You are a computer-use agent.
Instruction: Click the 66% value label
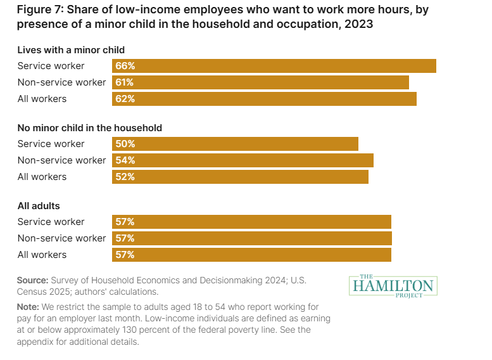[125, 66]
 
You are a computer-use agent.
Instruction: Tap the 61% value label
[125, 82]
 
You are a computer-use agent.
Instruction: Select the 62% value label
[125, 99]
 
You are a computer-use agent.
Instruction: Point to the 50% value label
[125, 144]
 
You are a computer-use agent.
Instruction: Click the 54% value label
[125, 160]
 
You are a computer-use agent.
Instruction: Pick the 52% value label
[125, 177]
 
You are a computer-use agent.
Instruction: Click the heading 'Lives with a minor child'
[71, 49]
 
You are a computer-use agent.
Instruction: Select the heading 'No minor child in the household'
[89, 127]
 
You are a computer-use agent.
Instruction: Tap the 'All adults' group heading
[39, 205]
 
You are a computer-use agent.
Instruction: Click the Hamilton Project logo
[393, 285]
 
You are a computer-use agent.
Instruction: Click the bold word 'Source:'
[33, 280]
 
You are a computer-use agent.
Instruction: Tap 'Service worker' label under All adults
[51, 222]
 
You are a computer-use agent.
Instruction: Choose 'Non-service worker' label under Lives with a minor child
[61, 82]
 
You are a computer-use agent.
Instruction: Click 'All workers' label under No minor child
[42, 177]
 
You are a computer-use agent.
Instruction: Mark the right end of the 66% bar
[434, 66]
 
